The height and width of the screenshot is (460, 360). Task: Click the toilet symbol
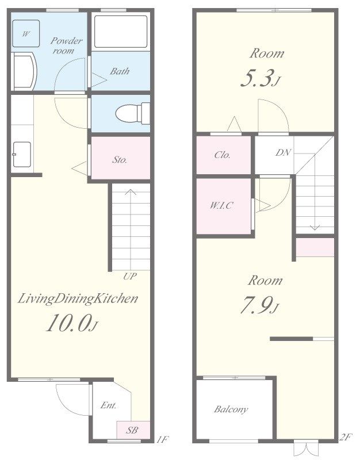[x=133, y=113]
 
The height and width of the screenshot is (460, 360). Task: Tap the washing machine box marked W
[x=26, y=33]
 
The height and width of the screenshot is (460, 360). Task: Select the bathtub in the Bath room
[x=121, y=32]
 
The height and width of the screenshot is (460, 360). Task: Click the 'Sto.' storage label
[x=120, y=160]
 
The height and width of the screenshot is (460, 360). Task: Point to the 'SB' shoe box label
[x=132, y=430]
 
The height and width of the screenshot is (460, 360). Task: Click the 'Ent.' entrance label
[x=108, y=405]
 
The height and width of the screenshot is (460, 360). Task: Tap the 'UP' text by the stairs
[x=130, y=276]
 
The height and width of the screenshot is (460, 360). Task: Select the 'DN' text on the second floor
[x=283, y=152]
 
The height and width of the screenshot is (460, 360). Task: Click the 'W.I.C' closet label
[x=221, y=205]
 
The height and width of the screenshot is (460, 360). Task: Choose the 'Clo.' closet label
[x=222, y=155]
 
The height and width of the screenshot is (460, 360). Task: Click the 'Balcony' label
[x=231, y=409]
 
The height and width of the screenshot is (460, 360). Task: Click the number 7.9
[x=256, y=305]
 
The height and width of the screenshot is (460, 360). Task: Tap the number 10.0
[x=68, y=323]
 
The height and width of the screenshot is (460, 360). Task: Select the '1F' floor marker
[x=162, y=439]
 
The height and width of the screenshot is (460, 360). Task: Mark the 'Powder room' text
[x=66, y=45]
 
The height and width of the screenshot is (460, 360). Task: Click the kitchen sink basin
[x=22, y=154]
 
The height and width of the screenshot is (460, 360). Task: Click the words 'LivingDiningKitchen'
[x=78, y=298]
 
